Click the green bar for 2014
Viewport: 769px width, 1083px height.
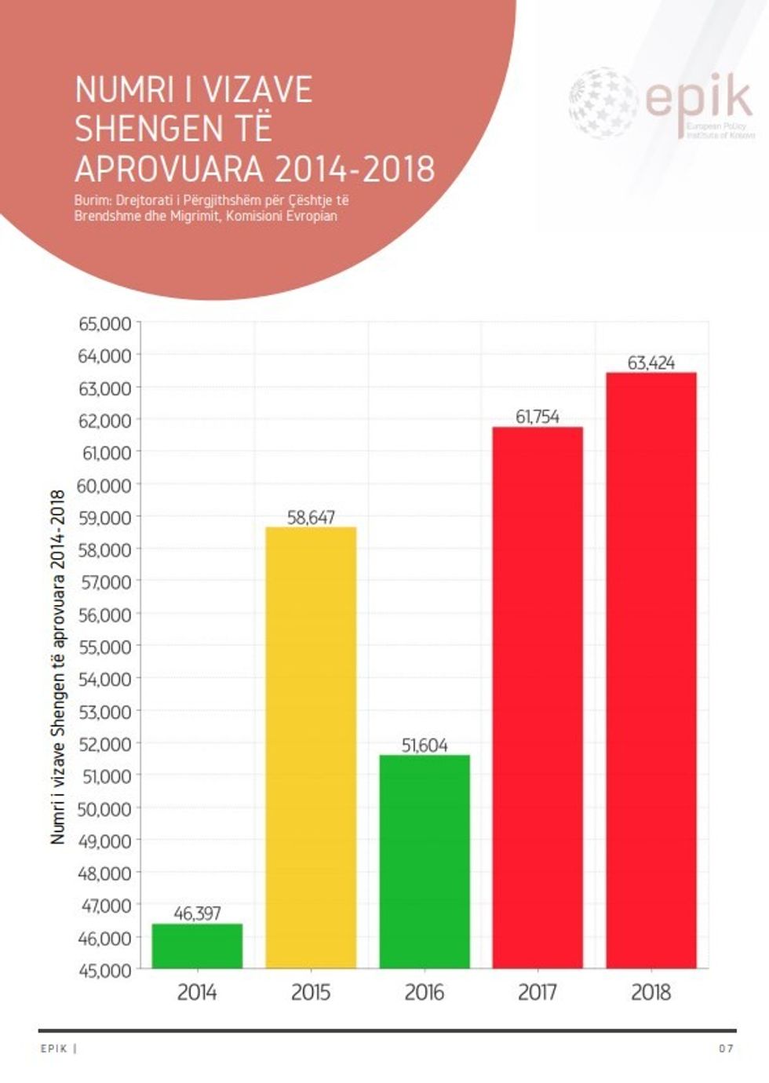[197, 946]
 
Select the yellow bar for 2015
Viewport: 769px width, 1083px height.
[311, 747]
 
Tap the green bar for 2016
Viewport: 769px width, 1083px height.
[425, 861]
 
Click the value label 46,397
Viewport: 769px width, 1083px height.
[197, 913]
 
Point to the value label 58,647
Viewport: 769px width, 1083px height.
[311, 517]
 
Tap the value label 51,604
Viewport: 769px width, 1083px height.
[425, 745]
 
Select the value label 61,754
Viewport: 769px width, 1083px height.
[538, 417]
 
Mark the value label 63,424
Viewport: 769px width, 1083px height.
[651, 363]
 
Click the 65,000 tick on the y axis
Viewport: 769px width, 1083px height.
[104, 323]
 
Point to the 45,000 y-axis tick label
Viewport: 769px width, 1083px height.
[104, 970]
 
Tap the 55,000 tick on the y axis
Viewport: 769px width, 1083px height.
[104, 647]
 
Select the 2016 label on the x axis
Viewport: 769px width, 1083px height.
[425, 993]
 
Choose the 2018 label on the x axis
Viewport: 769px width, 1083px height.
[651, 993]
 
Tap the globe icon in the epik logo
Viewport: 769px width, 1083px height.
[603, 103]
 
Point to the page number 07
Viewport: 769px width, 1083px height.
[726, 1048]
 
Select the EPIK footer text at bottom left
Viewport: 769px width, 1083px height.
[54, 1048]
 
